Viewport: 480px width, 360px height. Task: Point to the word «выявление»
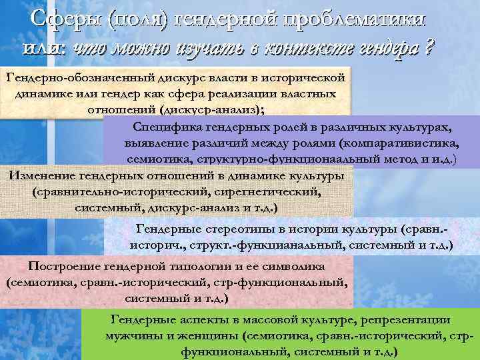tap(157, 143)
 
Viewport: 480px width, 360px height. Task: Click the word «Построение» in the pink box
tap(65, 266)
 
